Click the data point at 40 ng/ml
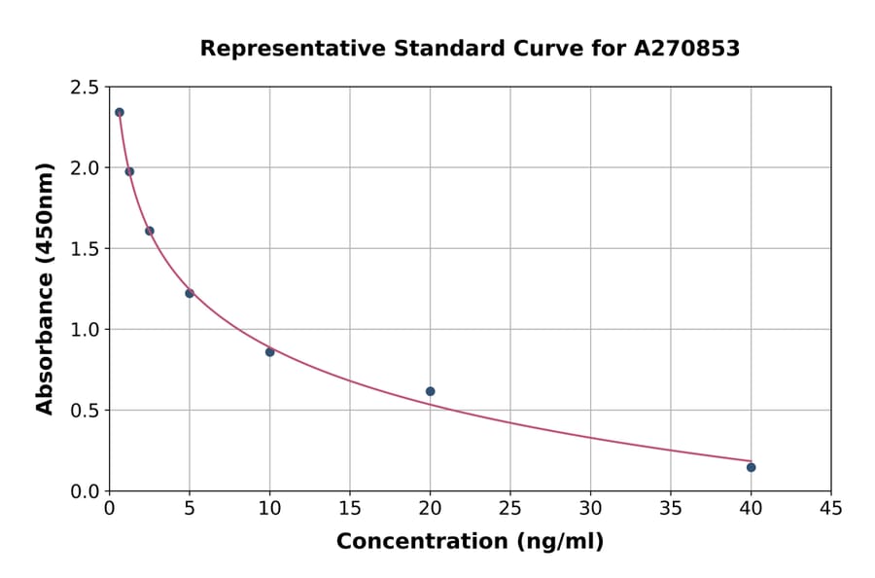[751, 467]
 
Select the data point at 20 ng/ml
[430, 391]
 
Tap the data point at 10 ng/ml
[269, 351]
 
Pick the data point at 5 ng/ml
[190, 293]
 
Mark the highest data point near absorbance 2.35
[120, 112]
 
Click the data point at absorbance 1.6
[150, 231]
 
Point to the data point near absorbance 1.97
[129, 171]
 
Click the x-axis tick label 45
[830, 508]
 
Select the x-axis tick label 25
[509, 508]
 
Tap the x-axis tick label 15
[349, 508]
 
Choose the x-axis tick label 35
[670, 508]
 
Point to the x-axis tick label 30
[590, 508]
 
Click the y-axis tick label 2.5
[84, 88]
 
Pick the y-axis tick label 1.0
[84, 330]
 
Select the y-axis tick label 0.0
[84, 491]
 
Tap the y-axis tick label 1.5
[84, 249]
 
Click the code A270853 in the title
[686, 49]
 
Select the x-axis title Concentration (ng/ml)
[470, 542]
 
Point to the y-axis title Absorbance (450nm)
[45, 289]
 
